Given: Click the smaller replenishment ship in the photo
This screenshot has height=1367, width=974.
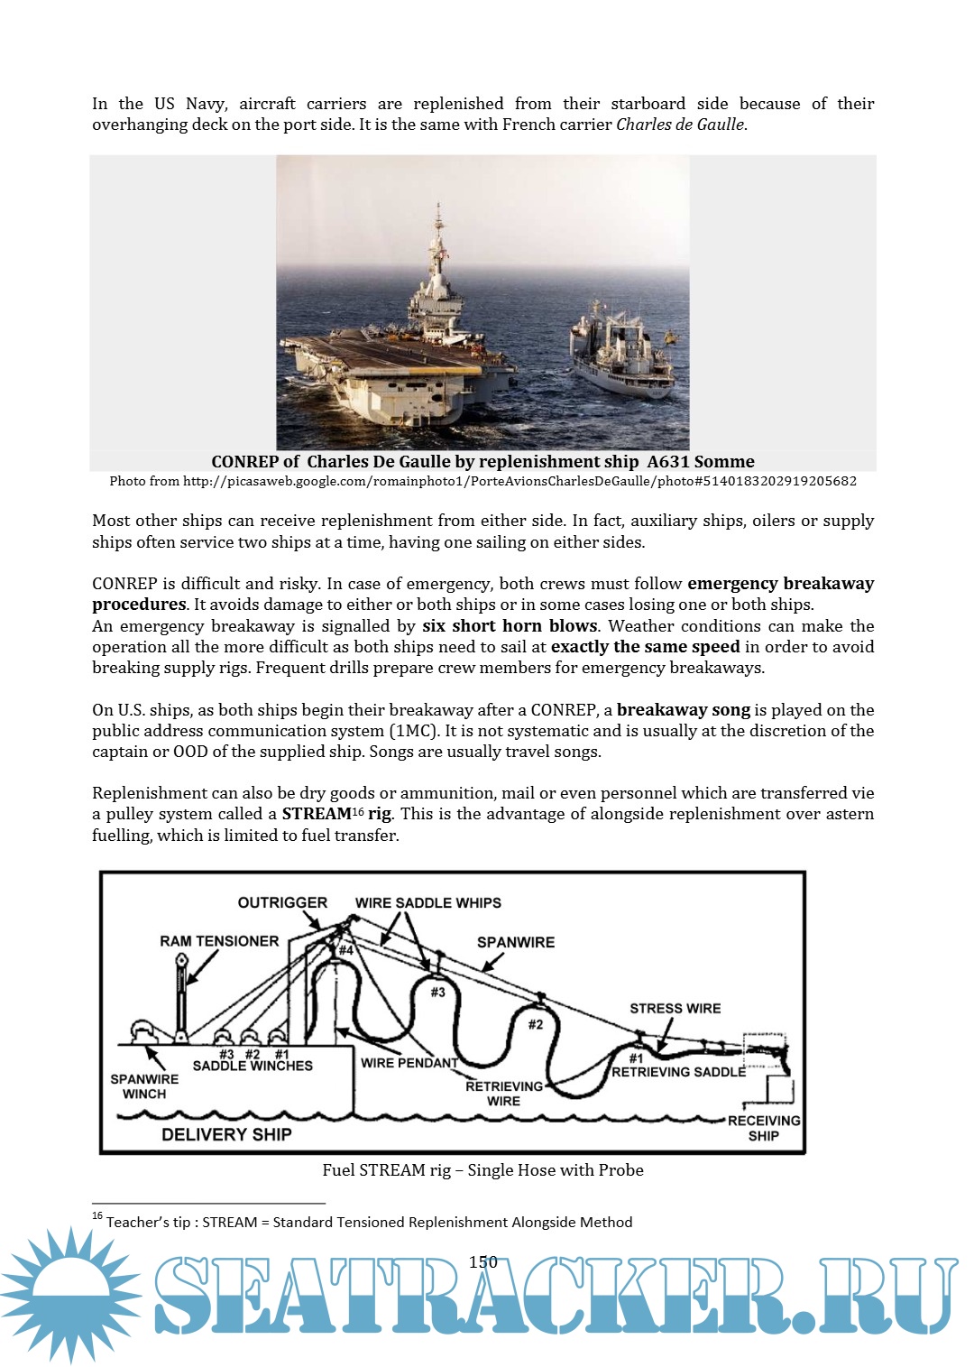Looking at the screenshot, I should point(622,352).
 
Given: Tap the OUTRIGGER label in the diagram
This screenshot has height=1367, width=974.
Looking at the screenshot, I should point(282,902).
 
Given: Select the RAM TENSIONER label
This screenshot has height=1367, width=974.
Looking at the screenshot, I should point(219,941).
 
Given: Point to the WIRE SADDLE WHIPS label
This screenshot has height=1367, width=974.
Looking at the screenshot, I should point(427,902).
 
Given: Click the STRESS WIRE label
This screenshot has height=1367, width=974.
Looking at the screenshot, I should point(675,1008).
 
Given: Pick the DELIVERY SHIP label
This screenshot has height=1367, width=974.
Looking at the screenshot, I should point(226,1134).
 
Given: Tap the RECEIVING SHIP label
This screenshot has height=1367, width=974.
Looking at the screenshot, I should point(764,1128).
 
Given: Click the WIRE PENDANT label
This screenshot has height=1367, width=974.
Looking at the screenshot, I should point(409,1063).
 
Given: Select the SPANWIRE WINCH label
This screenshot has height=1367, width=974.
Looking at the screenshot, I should point(144,1086).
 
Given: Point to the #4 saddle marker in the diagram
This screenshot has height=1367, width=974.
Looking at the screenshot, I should point(345,950).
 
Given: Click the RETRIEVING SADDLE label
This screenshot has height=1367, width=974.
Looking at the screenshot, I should point(678,1072).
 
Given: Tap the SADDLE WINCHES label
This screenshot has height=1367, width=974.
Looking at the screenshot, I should point(253,1066).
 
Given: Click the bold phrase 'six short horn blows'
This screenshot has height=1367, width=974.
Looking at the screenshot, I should point(510,625).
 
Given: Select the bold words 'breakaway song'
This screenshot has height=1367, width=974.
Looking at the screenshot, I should point(683,709).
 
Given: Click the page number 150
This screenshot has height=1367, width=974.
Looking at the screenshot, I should point(482,1261).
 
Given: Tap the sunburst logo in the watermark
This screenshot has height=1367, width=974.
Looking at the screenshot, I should point(70,1292).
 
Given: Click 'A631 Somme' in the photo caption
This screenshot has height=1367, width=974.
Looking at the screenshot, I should point(700,461).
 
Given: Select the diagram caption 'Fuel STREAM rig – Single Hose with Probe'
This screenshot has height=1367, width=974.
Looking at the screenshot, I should point(482,1169).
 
